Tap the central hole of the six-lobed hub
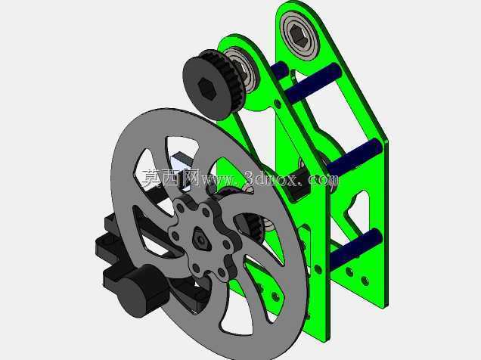[x=200, y=238]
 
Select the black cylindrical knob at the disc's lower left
[x=141, y=290]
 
